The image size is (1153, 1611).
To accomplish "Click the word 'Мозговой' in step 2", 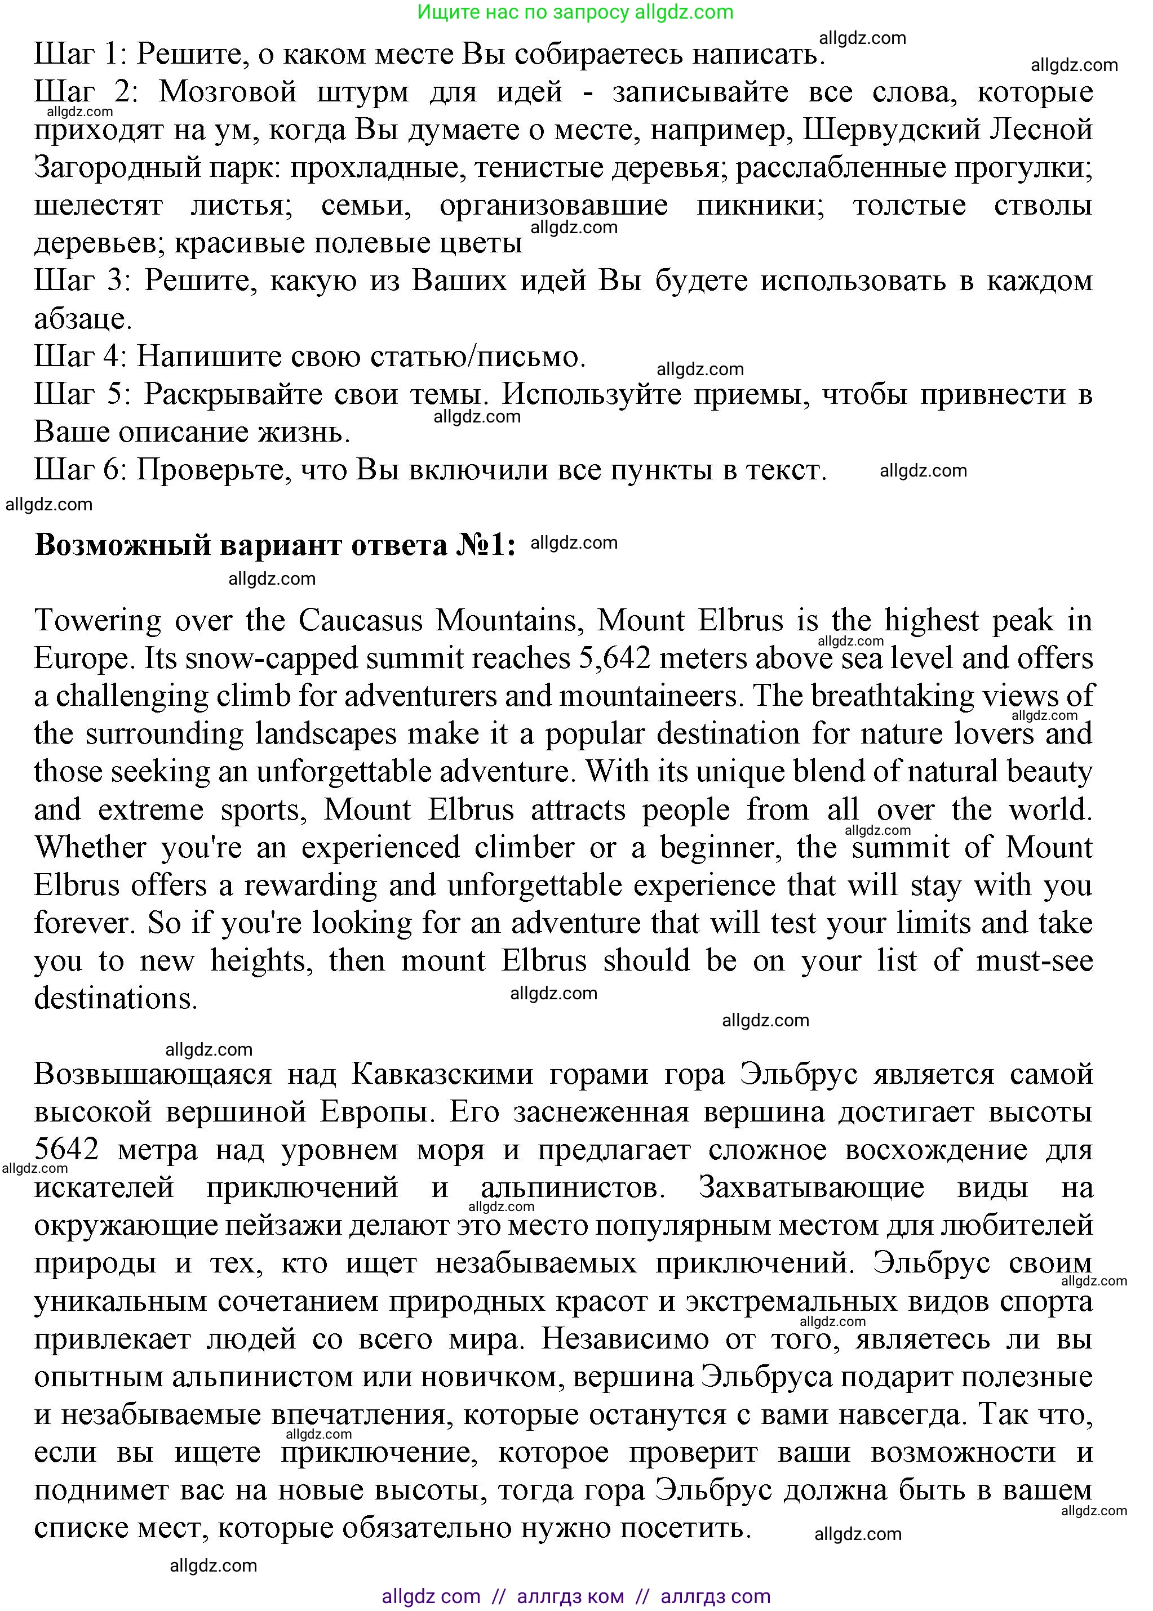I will click(227, 92).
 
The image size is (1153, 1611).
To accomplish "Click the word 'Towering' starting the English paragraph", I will click(98, 621).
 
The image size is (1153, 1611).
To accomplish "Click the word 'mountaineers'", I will click(650, 696).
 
